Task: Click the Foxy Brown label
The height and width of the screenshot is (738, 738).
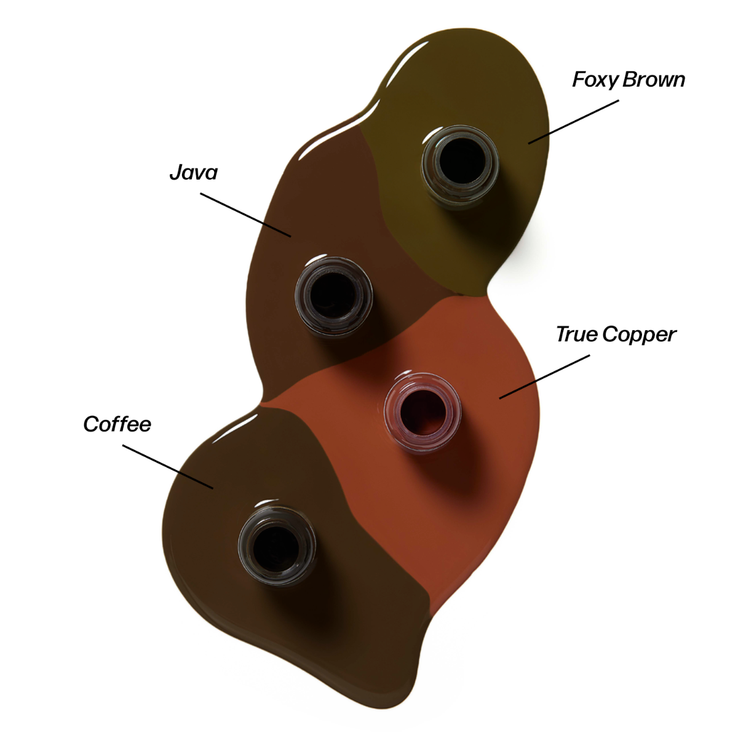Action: [628, 80]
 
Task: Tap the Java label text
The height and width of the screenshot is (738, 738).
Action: [193, 173]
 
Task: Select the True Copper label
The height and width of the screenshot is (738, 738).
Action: [616, 335]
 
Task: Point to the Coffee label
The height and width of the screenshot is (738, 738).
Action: [117, 424]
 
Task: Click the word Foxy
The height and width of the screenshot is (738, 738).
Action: [595, 80]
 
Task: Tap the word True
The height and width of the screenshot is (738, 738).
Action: [576, 335]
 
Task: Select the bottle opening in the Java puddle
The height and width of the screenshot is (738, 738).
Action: [333, 293]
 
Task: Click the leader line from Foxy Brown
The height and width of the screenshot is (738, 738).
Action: [573, 122]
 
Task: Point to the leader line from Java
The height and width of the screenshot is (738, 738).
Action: [246, 215]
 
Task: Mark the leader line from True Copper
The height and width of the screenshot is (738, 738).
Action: [544, 377]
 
